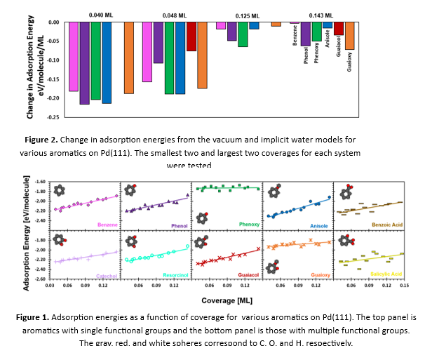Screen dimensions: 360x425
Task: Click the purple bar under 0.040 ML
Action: (x=84, y=63)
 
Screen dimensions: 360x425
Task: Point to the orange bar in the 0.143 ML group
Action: (x=349, y=36)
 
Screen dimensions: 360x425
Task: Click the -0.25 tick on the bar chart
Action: (x=53, y=116)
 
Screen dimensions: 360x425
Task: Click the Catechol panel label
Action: (x=101, y=274)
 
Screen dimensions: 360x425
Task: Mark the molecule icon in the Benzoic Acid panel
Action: (x=346, y=192)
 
